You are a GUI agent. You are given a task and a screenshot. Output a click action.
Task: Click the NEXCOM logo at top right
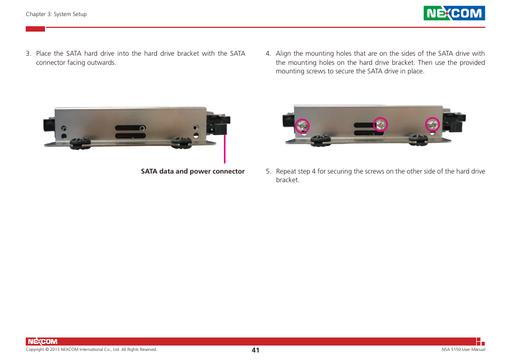tap(454, 13)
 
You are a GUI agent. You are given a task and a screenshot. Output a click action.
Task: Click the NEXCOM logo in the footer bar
tap(42, 342)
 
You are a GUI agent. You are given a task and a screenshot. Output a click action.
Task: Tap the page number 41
tap(255, 350)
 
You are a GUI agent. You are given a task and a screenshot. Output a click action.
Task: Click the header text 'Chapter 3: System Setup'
tap(56, 14)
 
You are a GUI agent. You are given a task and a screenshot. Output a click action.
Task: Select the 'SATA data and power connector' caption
tap(193, 171)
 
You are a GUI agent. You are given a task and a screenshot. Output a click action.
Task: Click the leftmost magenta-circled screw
tap(303, 125)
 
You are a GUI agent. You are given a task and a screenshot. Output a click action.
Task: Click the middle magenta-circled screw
tap(380, 125)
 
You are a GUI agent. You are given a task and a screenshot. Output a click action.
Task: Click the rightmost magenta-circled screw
tap(432, 125)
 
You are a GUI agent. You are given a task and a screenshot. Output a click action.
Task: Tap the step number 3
tap(28, 54)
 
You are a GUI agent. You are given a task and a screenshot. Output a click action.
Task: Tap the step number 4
tap(268, 54)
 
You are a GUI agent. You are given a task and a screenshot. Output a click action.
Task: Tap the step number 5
tap(268, 172)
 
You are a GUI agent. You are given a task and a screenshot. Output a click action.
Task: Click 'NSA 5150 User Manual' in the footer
tap(459, 350)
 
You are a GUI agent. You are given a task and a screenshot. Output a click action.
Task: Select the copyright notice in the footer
tap(92, 350)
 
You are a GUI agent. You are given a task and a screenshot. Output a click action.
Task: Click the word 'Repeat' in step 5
tap(285, 172)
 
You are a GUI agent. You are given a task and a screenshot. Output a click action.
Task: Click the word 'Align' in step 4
tap(283, 54)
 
